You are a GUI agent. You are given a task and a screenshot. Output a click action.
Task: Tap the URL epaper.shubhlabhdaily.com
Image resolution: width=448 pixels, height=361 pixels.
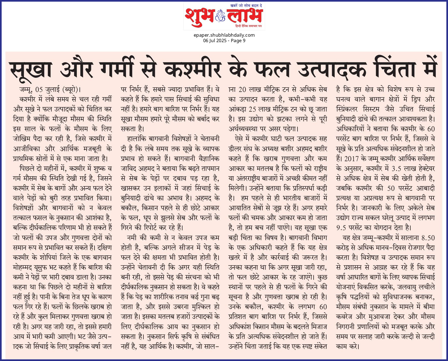[224, 35]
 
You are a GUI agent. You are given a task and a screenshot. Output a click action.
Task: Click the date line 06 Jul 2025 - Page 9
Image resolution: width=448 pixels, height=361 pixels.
[224, 41]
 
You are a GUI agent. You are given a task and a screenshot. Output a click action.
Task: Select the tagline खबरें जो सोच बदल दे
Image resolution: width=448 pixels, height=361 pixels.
[246, 5]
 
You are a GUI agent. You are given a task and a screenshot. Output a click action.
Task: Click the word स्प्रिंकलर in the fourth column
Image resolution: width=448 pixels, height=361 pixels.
[347, 109]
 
